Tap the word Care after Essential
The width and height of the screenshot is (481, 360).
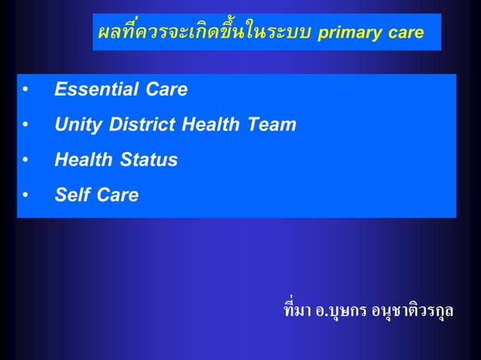point(163,90)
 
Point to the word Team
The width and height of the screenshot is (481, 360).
point(271,125)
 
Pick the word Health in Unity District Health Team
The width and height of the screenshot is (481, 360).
point(213,125)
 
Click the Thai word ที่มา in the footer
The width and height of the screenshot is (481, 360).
point(297,310)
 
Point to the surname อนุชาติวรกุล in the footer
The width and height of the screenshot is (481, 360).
point(412,310)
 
